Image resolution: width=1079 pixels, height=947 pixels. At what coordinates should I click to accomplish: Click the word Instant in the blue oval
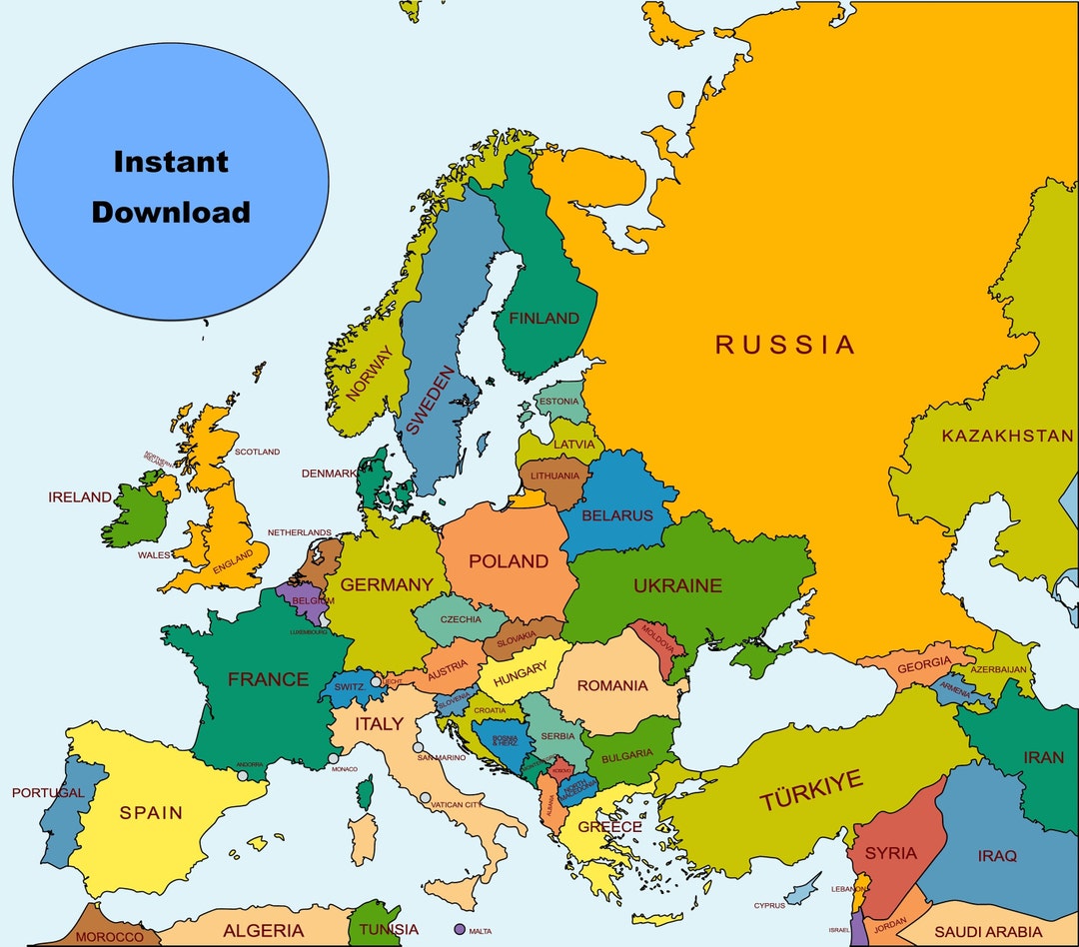(x=171, y=162)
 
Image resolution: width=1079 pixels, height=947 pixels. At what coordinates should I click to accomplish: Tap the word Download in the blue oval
(x=171, y=212)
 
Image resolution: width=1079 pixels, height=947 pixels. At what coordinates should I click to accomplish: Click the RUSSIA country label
(x=784, y=346)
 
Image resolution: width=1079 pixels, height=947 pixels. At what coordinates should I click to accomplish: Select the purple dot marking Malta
(x=460, y=929)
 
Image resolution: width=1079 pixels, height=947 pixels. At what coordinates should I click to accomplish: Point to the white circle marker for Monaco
(x=333, y=759)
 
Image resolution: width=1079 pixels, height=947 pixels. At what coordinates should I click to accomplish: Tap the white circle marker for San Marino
(x=418, y=747)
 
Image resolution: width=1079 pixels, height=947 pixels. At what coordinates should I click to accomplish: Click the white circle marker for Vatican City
(x=426, y=798)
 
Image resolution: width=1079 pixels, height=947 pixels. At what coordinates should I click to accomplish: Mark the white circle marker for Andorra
(x=242, y=775)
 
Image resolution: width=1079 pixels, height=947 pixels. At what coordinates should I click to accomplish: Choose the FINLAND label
(x=543, y=319)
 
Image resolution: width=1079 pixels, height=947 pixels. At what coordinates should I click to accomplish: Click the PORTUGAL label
(x=47, y=793)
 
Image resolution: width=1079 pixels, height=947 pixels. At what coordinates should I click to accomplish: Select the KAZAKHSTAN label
(x=1007, y=437)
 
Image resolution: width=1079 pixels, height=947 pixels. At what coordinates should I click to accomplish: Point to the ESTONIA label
(x=557, y=402)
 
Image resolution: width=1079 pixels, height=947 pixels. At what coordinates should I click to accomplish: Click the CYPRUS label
(x=769, y=906)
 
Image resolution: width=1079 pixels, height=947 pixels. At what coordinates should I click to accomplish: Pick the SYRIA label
(x=890, y=853)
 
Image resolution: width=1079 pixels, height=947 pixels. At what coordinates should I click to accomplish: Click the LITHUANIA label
(x=554, y=476)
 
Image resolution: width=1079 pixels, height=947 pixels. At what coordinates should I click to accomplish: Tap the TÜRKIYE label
(x=810, y=791)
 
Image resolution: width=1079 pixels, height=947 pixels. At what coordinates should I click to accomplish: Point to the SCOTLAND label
(x=257, y=452)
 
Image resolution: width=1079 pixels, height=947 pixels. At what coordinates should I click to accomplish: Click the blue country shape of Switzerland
(x=350, y=687)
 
